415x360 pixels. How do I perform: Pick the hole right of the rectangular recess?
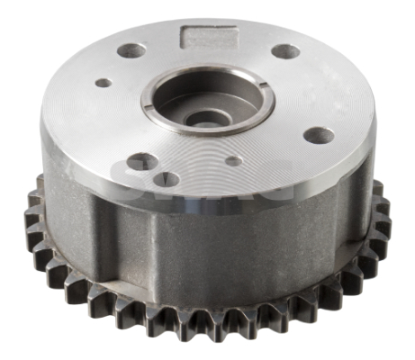click(x=285, y=51)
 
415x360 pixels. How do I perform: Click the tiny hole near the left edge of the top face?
click(x=104, y=83)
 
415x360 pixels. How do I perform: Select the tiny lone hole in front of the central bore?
click(x=233, y=162)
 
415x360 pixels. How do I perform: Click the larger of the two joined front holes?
click(x=142, y=163)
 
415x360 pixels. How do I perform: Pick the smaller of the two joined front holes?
click(x=168, y=177)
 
